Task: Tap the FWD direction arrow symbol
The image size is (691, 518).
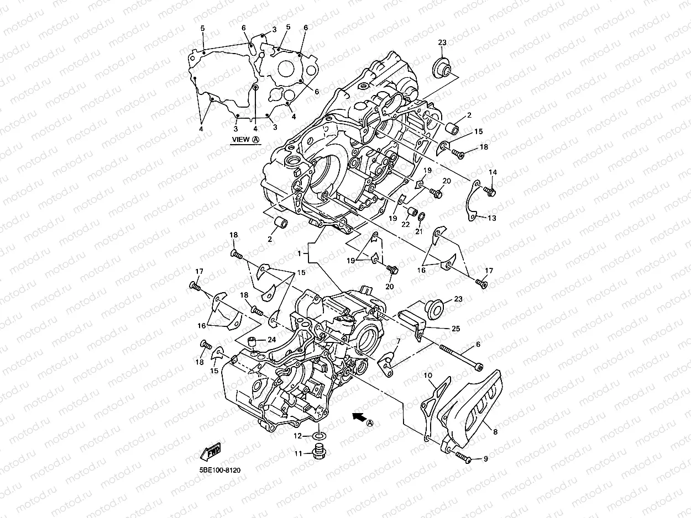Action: [x=210, y=452]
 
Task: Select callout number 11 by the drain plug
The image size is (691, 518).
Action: [x=298, y=453]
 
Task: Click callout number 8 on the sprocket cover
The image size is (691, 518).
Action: [x=495, y=432]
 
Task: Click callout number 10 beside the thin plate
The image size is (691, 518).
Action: [x=427, y=376]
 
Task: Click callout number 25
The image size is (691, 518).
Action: [x=456, y=329]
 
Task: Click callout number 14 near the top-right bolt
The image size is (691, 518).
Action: [x=493, y=172]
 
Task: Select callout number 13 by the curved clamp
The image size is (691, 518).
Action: [x=491, y=218]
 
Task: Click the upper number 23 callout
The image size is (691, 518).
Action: [x=442, y=43]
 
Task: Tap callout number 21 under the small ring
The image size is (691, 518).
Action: [x=418, y=231]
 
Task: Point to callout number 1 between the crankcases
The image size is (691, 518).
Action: [x=299, y=253]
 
